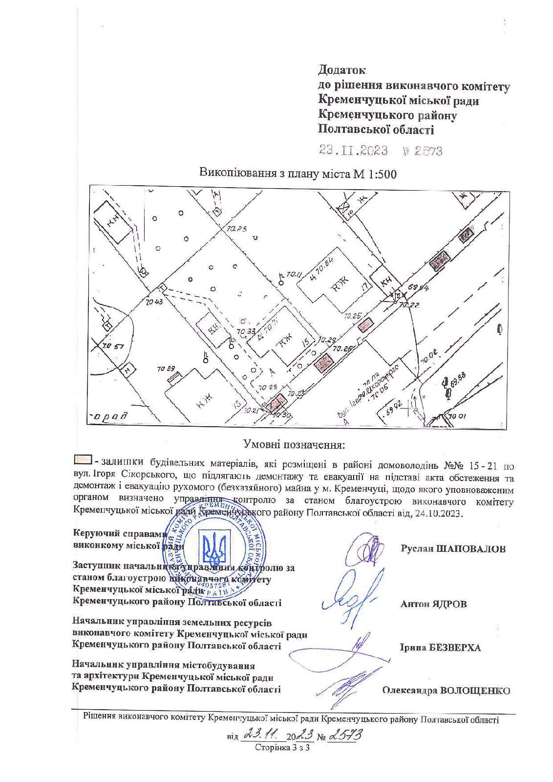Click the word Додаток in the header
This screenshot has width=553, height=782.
tap(341, 70)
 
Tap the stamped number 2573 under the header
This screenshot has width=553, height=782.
tap(428, 151)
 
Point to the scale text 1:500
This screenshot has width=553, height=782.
tap(379, 174)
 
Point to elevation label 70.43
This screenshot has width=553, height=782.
tap(154, 302)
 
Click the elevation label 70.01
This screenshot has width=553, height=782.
tap(457, 416)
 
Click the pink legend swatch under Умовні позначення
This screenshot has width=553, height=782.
tap(82, 459)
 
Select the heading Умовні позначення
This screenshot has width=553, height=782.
tap(294, 445)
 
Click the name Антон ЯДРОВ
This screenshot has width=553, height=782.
tap(433, 604)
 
